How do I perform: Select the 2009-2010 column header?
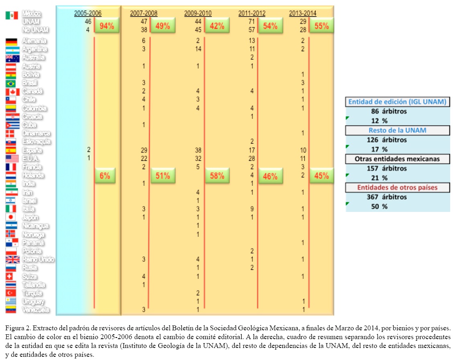coord(198,13)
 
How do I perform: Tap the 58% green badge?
coord(217,175)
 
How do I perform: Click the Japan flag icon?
coord(12,217)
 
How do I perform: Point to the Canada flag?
coord(12,92)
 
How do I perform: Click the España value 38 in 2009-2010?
coord(198,150)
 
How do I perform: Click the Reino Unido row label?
coord(38,259)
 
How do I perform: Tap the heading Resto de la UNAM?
coord(398,130)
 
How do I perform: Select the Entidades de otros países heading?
coord(398,187)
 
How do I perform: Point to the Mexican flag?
coord(12,15)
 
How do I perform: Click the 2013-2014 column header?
coord(303,13)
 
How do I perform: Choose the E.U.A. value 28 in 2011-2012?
coord(252,159)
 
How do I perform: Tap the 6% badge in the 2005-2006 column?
coord(105,175)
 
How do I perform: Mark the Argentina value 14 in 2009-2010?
coord(198,49)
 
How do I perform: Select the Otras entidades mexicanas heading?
coord(398,159)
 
